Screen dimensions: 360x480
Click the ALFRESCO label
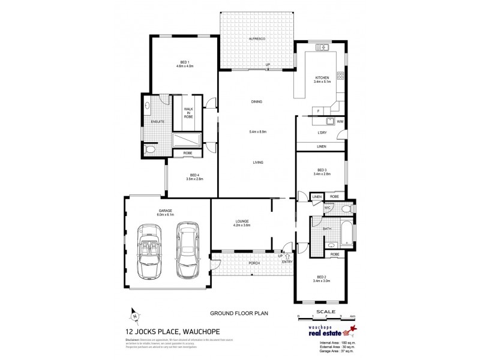[x=257, y=39]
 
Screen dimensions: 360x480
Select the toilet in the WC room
[x=346, y=208]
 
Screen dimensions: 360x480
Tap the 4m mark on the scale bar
[x=353, y=316]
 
